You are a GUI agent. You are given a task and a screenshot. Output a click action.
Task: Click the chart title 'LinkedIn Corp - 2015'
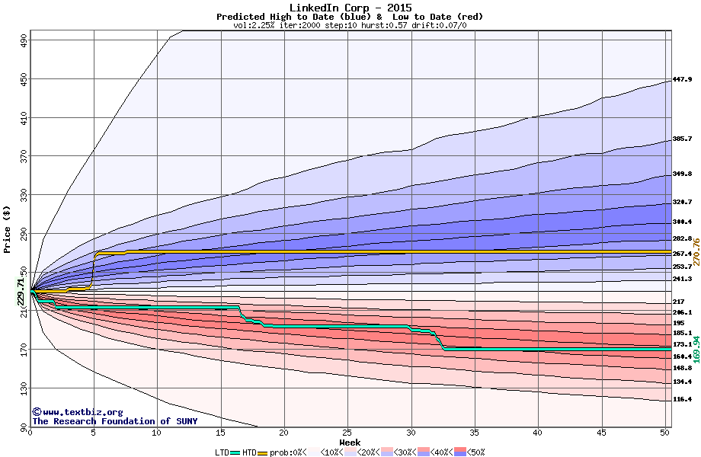(350, 8)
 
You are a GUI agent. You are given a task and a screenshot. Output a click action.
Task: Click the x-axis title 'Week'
(350, 443)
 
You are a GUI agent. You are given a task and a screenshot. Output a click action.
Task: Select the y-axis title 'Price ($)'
(8, 229)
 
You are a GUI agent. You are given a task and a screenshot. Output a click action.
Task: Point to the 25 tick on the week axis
(347, 433)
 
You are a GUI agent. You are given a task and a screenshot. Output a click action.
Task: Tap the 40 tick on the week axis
(537, 433)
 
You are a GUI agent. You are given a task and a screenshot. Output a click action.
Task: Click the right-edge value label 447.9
(682, 80)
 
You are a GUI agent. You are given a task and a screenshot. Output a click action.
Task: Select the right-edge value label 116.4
(682, 399)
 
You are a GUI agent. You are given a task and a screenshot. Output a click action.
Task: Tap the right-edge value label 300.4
(682, 222)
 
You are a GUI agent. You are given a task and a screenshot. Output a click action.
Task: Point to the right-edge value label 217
(679, 302)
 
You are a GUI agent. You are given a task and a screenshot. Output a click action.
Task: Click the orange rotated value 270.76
(696, 252)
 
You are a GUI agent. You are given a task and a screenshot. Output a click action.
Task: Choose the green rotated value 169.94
(696, 348)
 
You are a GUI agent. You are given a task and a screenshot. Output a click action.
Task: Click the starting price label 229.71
(21, 292)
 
